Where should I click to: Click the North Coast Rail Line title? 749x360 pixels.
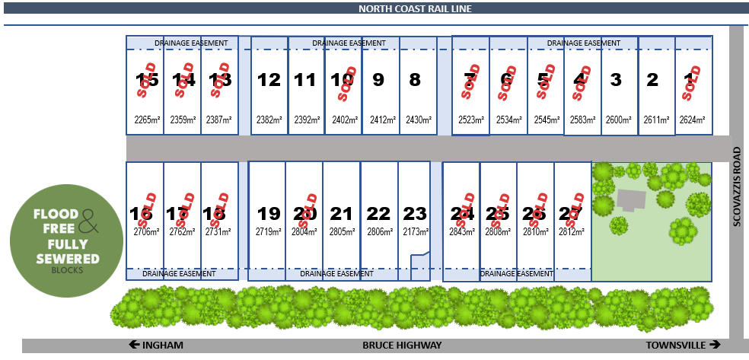tap(415, 8)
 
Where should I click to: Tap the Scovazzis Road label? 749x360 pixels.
tap(737, 186)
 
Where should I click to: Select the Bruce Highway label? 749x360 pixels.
tap(402, 346)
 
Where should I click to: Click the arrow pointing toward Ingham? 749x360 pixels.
tap(135, 345)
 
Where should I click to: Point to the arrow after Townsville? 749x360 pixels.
tap(715, 345)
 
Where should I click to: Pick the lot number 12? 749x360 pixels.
tap(269, 80)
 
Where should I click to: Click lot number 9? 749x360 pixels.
tap(378, 80)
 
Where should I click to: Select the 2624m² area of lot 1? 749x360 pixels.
tap(692, 120)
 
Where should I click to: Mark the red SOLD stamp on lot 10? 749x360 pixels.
tap(348, 82)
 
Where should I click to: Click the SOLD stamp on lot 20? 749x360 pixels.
tap(307, 211)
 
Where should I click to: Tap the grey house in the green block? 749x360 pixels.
tap(632, 200)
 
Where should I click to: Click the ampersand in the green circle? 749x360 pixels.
tap(89, 221)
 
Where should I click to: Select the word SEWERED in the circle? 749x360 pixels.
tap(68, 260)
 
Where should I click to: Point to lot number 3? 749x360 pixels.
tap(617, 80)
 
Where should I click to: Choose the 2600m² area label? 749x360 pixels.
tap(619, 120)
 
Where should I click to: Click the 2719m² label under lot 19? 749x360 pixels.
tap(268, 233)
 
